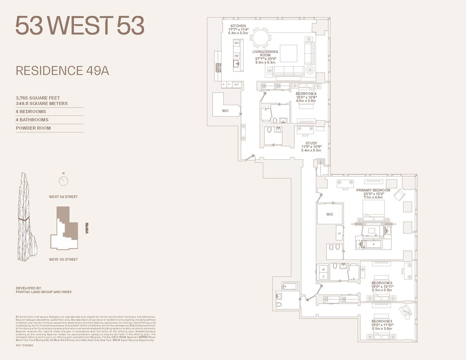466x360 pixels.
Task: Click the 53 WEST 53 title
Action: coord(80,26)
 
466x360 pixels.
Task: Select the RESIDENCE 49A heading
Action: coord(62,71)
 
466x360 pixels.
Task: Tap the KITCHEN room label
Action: coord(238,26)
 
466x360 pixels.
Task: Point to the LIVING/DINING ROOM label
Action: coord(265,52)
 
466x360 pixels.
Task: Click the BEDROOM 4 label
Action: coord(306,94)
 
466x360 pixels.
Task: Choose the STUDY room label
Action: coord(311,143)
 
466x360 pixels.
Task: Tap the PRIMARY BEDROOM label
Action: coord(373,190)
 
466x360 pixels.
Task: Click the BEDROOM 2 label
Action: coord(382,283)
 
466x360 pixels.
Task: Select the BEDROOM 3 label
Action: coord(382,321)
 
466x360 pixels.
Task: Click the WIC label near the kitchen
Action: coord(225,111)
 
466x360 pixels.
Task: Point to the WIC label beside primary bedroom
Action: coord(330,214)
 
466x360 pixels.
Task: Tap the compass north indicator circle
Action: coord(63,181)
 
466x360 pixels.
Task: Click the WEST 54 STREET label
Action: coord(63,197)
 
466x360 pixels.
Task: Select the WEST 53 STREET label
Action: coord(63,260)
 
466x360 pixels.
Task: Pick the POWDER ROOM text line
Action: coord(33,128)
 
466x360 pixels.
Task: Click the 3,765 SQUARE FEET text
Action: coord(38,98)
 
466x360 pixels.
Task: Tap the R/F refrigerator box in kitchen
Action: coord(237,85)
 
